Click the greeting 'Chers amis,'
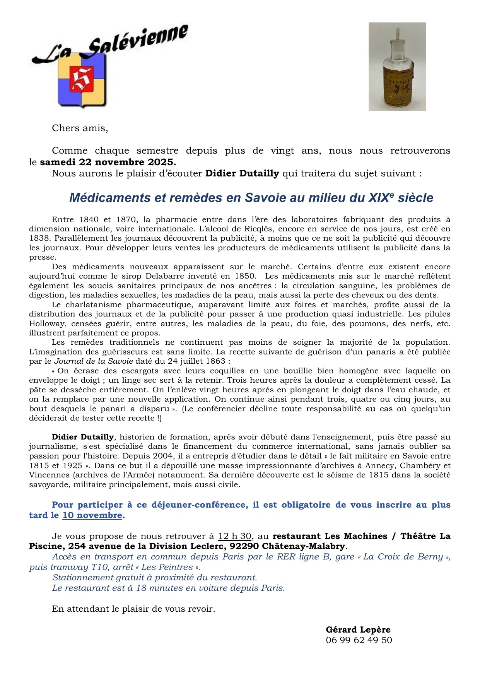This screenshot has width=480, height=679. click(x=80, y=128)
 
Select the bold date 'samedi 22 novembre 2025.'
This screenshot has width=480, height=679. click(x=108, y=162)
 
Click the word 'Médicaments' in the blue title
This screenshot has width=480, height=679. click(x=109, y=198)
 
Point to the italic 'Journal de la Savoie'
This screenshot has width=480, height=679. click(x=93, y=361)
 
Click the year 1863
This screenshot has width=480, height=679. click(x=215, y=361)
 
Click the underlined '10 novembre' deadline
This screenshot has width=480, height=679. click(x=92, y=515)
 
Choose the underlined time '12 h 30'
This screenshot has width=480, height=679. click(x=235, y=536)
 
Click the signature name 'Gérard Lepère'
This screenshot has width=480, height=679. click(x=358, y=629)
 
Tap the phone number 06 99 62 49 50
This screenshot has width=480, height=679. click(x=359, y=640)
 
